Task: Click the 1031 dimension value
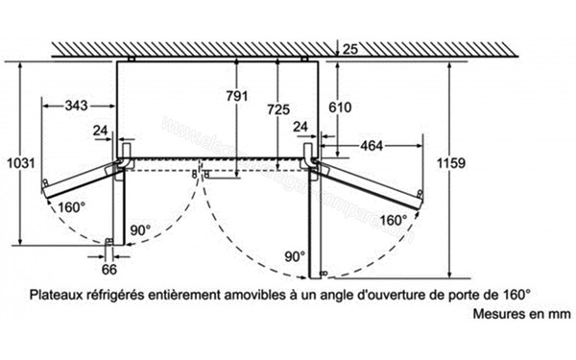[x=18, y=159]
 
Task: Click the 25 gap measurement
[x=350, y=49]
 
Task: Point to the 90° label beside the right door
[x=294, y=256]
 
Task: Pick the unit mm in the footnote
[x=542, y=314]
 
